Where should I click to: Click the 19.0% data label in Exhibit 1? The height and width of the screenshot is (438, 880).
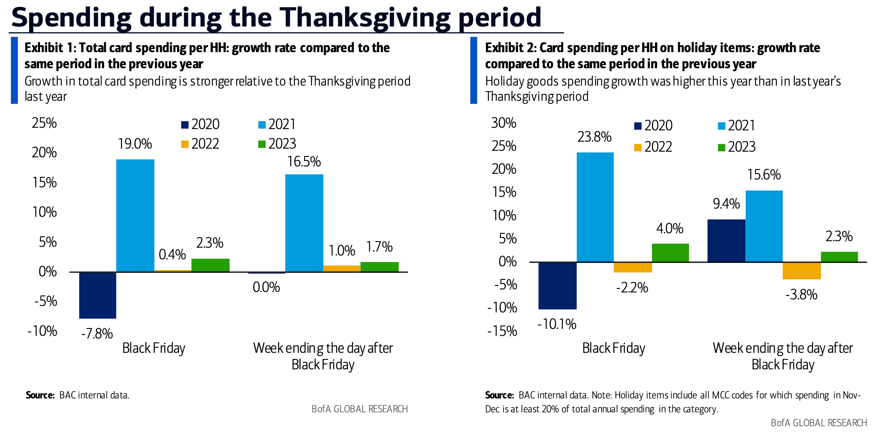[x=135, y=144]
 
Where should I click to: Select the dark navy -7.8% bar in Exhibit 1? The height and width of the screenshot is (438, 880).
[x=97, y=295]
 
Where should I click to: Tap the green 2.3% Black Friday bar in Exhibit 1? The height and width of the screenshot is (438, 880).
[x=210, y=265]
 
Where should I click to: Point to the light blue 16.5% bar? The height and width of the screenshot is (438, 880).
[x=304, y=223]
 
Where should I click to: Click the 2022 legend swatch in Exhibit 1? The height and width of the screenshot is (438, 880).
[x=185, y=144]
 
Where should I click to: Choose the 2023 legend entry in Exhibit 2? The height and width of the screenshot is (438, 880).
[x=736, y=147]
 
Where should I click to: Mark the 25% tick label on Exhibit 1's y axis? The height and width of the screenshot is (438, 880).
[x=44, y=123]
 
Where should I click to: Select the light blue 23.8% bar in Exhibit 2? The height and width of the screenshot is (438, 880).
[x=595, y=207]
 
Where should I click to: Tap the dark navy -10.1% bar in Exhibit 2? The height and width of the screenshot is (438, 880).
[x=557, y=285]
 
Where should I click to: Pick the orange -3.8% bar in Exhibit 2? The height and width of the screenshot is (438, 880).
[x=801, y=271]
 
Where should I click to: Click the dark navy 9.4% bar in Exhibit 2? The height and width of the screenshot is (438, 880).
[x=726, y=241]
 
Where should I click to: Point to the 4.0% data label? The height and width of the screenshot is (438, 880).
[x=670, y=229]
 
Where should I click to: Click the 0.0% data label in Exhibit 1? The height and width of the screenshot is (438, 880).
[x=266, y=287]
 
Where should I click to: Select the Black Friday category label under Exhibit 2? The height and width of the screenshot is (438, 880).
[x=614, y=348]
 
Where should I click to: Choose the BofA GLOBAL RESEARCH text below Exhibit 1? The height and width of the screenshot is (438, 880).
[x=359, y=409]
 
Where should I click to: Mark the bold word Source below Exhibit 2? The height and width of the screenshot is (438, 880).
[x=499, y=395]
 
